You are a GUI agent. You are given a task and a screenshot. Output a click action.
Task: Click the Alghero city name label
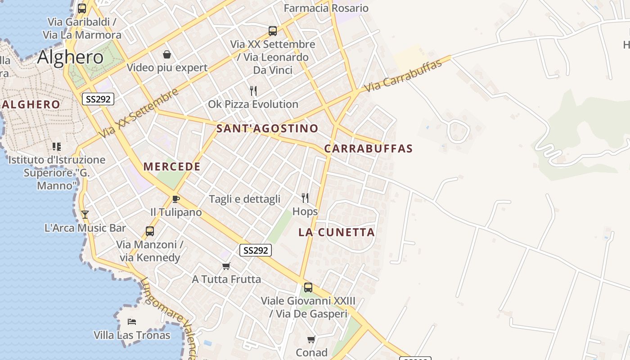pos(70,57)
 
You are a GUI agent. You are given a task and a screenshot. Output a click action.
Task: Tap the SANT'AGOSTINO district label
pos(267,129)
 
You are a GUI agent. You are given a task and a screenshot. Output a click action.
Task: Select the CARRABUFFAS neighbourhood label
pos(368,148)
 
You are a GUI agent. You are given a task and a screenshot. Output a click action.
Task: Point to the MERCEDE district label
pos(172,166)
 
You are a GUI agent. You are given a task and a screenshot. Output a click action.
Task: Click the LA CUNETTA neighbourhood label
pos(337,232)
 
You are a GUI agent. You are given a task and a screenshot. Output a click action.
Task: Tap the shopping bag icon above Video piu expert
pos(167,55)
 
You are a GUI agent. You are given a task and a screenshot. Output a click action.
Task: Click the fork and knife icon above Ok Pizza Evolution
pos(253,91)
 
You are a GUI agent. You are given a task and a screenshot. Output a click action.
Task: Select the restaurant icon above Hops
pos(305,198)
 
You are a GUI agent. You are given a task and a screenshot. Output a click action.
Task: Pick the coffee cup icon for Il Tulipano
pos(176,199)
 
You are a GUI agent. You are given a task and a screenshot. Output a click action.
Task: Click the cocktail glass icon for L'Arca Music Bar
pos(85,215)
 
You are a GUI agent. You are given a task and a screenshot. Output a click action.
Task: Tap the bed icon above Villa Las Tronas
pos(132,322)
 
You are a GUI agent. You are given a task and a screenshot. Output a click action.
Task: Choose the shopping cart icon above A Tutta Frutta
pos(226,266)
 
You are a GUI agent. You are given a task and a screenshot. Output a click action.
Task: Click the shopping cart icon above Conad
pos(311,339)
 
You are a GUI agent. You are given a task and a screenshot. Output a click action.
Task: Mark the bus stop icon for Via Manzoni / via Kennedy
pos(150,231)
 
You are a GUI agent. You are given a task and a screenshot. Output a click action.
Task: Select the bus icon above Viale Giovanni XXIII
pos(308,288)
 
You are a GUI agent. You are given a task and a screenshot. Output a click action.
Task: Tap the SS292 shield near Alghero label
pos(98,99)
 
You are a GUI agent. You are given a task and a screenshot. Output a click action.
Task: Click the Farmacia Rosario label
pos(326,8)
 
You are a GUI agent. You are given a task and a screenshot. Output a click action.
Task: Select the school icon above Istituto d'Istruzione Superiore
pos(57,146)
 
